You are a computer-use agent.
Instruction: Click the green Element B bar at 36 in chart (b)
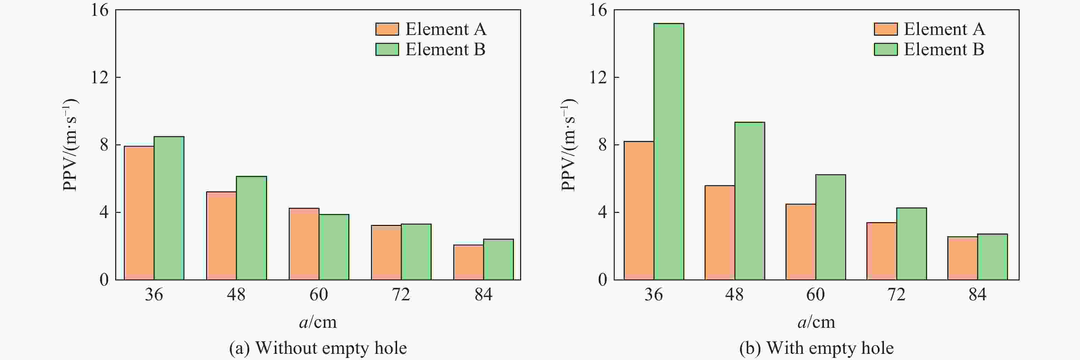pyautogui.click(x=669, y=151)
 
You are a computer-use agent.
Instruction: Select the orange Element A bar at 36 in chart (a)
pyautogui.click(x=139, y=213)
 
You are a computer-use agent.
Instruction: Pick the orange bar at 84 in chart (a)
pyautogui.click(x=468, y=262)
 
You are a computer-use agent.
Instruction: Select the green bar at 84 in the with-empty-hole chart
pyautogui.click(x=992, y=256)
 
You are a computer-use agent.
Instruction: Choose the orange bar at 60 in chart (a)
pyautogui.click(x=304, y=243)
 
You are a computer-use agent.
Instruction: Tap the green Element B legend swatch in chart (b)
pyautogui.click(x=886, y=49)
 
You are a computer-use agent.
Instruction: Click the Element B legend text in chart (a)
pyautogui.click(x=445, y=49)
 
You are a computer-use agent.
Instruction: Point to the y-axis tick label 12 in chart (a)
pyautogui.click(x=100, y=77)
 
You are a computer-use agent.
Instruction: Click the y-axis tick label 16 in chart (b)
pyautogui.click(x=598, y=10)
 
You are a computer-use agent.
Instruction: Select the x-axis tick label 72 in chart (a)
pyautogui.click(x=401, y=295)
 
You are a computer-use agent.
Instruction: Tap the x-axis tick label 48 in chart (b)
pyautogui.click(x=734, y=295)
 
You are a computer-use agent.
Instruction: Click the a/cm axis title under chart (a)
pyautogui.click(x=318, y=322)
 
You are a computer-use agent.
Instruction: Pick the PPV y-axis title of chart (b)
pyautogui.click(x=568, y=145)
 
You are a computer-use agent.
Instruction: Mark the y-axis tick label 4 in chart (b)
pyautogui.click(x=602, y=212)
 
